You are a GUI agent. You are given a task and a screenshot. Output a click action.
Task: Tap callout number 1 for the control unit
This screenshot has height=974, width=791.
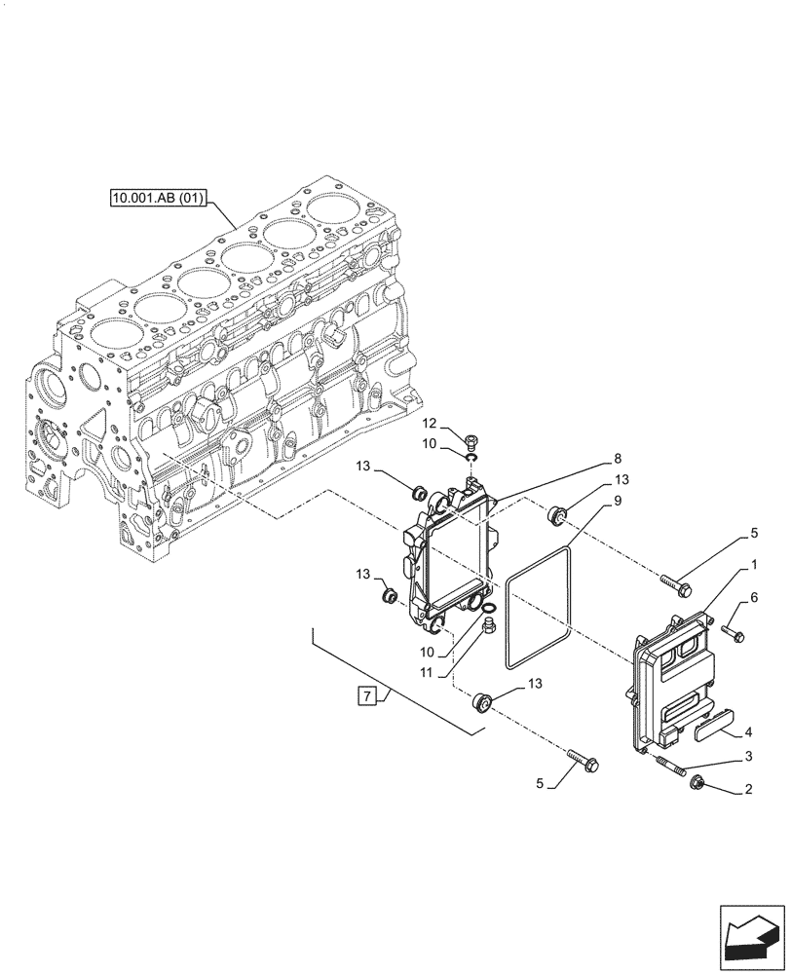[x=754, y=565]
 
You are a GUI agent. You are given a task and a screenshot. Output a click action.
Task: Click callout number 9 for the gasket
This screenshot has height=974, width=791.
[x=618, y=502]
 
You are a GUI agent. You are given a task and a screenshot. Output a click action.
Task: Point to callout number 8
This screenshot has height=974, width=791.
[x=618, y=457]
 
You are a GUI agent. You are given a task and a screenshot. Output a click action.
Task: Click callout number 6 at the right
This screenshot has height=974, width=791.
[x=754, y=596]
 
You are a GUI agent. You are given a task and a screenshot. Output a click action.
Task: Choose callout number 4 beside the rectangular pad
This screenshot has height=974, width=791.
[x=748, y=731]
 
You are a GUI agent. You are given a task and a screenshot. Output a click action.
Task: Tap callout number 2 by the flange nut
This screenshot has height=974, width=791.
[x=748, y=790]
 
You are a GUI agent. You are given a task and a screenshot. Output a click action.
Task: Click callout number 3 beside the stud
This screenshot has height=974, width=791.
[x=748, y=756]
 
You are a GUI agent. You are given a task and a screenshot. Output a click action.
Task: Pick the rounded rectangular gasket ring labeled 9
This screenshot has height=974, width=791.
[x=540, y=609]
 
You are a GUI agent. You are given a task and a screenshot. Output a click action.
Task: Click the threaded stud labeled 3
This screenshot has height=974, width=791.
[x=672, y=767]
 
